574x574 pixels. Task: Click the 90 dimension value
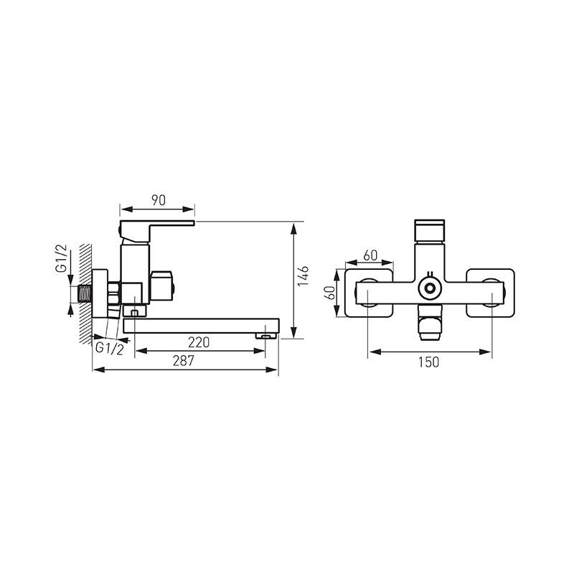pyautogui.click(x=158, y=200)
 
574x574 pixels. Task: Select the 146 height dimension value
pyautogui.click(x=303, y=276)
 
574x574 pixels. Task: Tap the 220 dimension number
pyautogui.click(x=199, y=342)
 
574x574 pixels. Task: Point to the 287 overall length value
pyautogui.click(x=183, y=361)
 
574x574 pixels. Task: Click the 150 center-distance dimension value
pyautogui.click(x=428, y=362)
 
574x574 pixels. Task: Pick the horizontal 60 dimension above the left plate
pyautogui.click(x=370, y=255)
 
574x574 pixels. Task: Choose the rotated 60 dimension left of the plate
pyautogui.click(x=331, y=293)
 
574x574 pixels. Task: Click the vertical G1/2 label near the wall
pyautogui.click(x=62, y=258)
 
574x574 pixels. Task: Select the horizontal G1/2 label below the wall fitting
pyautogui.click(x=110, y=348)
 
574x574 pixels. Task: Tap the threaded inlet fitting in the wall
pyautogui.click(x=85, y=294)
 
